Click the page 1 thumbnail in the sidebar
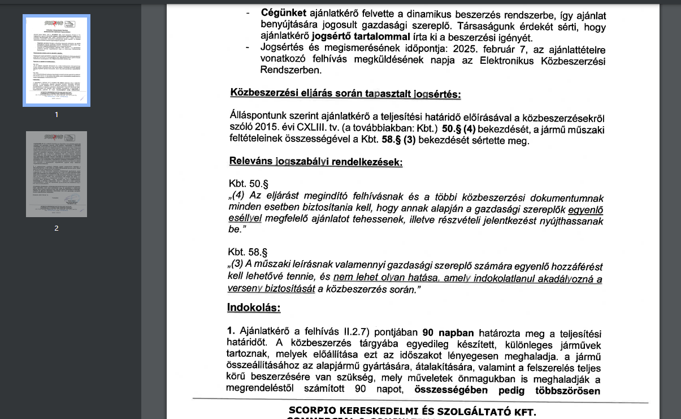point(56,61)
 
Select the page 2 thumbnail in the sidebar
point(56,174)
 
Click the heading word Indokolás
point(254,308)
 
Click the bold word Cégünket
point(283,12)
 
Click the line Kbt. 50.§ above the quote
point(248,184)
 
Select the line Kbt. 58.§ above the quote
point(248,252)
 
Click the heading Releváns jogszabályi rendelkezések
point(315,162)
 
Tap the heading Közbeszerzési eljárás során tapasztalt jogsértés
point(345,94)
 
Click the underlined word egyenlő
point(586,210)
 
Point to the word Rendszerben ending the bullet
point(290,70)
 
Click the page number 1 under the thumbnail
point(56,115)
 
